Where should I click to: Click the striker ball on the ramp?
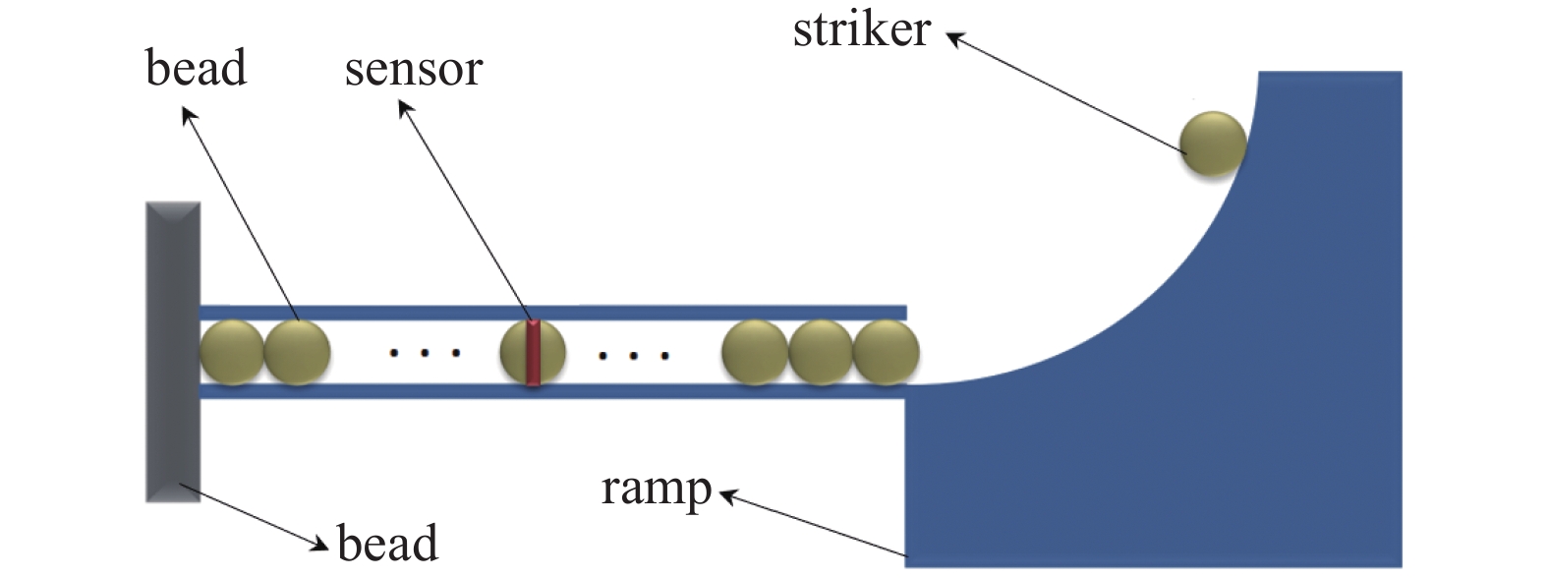coord(1213,144)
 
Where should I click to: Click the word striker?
coord(861,29)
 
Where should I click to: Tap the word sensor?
coord(413,70)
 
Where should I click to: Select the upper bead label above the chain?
coord(196,69)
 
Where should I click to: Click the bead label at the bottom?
coord(387,544)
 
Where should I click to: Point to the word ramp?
coord(656,489)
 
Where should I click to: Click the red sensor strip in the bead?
coord(533,352)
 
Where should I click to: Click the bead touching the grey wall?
coord(232,352)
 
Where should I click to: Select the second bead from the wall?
coord(297,352)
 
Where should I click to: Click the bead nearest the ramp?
coord(886,352)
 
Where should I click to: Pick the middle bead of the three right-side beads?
coord(821,352)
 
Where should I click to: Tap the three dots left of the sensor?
coord(425,352)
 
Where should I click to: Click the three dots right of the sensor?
coord(634,355)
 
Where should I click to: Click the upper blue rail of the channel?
coord(550,313)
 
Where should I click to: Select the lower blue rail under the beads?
coord(550,391)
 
